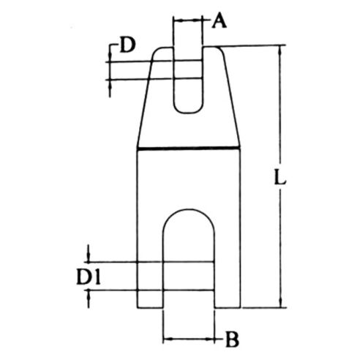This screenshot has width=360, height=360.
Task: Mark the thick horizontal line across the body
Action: point(190,149)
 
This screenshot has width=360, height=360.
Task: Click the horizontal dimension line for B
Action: point(191,338)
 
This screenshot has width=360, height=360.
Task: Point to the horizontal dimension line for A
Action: point(187,21)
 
